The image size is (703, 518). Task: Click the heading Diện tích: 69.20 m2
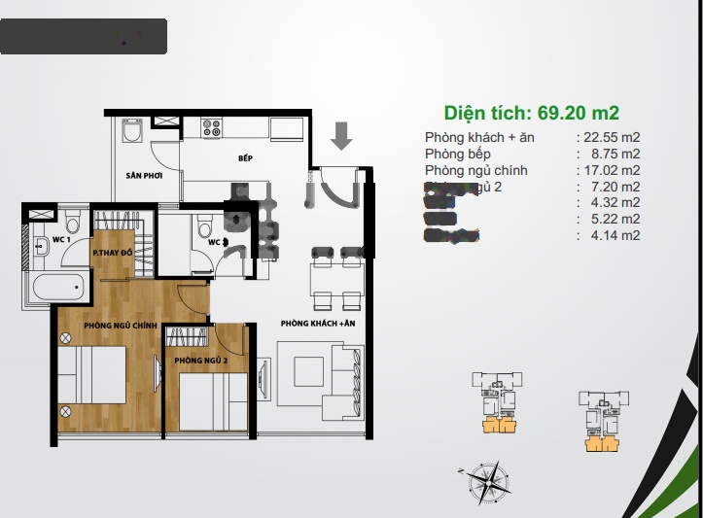[x=532, y=112]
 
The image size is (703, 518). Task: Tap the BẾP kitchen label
[x=245, y=157]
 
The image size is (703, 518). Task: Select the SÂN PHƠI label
[x=143, y=176]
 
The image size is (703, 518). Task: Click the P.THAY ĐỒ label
[x=113, y=254]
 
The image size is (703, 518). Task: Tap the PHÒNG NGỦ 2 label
[x=201, y=361]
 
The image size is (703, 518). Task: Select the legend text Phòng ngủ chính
[x=476, y=170]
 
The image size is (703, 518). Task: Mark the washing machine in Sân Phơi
[x=133, y=132]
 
